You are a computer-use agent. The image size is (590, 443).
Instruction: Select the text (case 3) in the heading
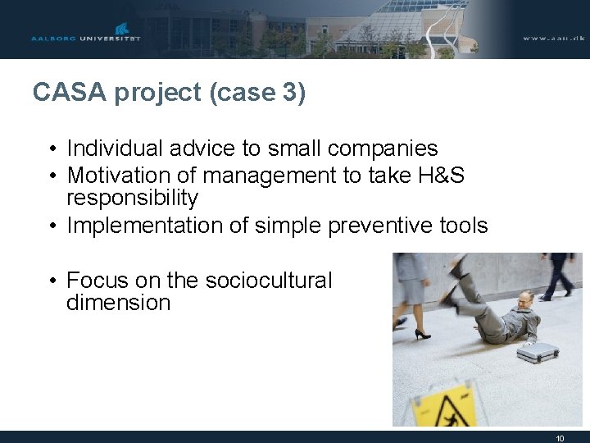pyautogui.click(x=257, y=93)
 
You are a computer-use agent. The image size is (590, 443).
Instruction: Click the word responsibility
pyautogui.click(x=132, y=198)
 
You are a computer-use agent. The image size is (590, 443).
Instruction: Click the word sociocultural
pyautogui.click(x=269, y=281)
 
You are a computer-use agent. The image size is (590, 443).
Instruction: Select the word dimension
pyautogui.click(x=118, y=303)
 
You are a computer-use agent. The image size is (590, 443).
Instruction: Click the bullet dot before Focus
pyautogui.click(x=51, y=281)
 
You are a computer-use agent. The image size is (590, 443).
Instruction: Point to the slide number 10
pyautogui.click(x=560, y=438)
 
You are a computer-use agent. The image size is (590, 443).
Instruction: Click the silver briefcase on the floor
pyautogui.click(x=538, y=352)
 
